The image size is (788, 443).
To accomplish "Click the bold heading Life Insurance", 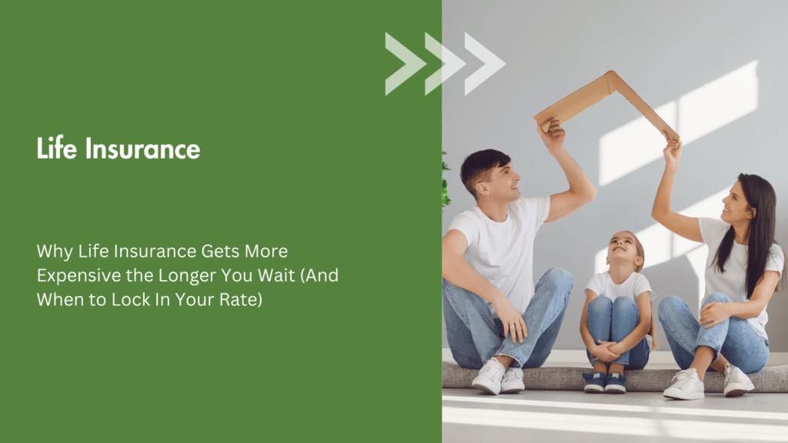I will click(x=118, y=148).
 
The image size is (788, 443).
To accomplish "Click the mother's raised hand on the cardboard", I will click(x=672, y=148).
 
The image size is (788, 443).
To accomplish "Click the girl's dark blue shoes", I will click(x=605, y=381).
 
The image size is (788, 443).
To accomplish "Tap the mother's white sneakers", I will click(x=708, y=382).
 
